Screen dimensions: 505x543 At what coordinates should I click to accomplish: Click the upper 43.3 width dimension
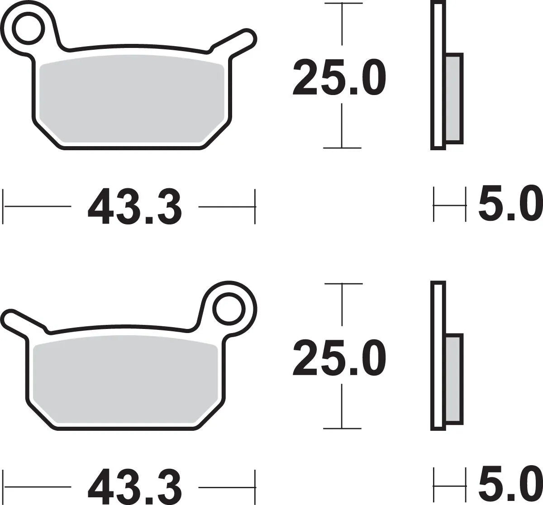(135, 207)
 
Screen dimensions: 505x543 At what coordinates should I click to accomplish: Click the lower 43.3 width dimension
(135, 487)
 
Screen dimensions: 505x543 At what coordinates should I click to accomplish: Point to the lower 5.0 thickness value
(510, 486)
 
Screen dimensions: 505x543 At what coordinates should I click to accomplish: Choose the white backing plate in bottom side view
(438, 355)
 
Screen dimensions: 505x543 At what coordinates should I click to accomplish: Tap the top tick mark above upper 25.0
(343, 4)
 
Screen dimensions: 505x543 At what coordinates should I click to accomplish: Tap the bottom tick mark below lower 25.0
(343, 428)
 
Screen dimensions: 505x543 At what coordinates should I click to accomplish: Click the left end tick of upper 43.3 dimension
(4, 206)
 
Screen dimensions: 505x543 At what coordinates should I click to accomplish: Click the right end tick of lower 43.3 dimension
(255, 486)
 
